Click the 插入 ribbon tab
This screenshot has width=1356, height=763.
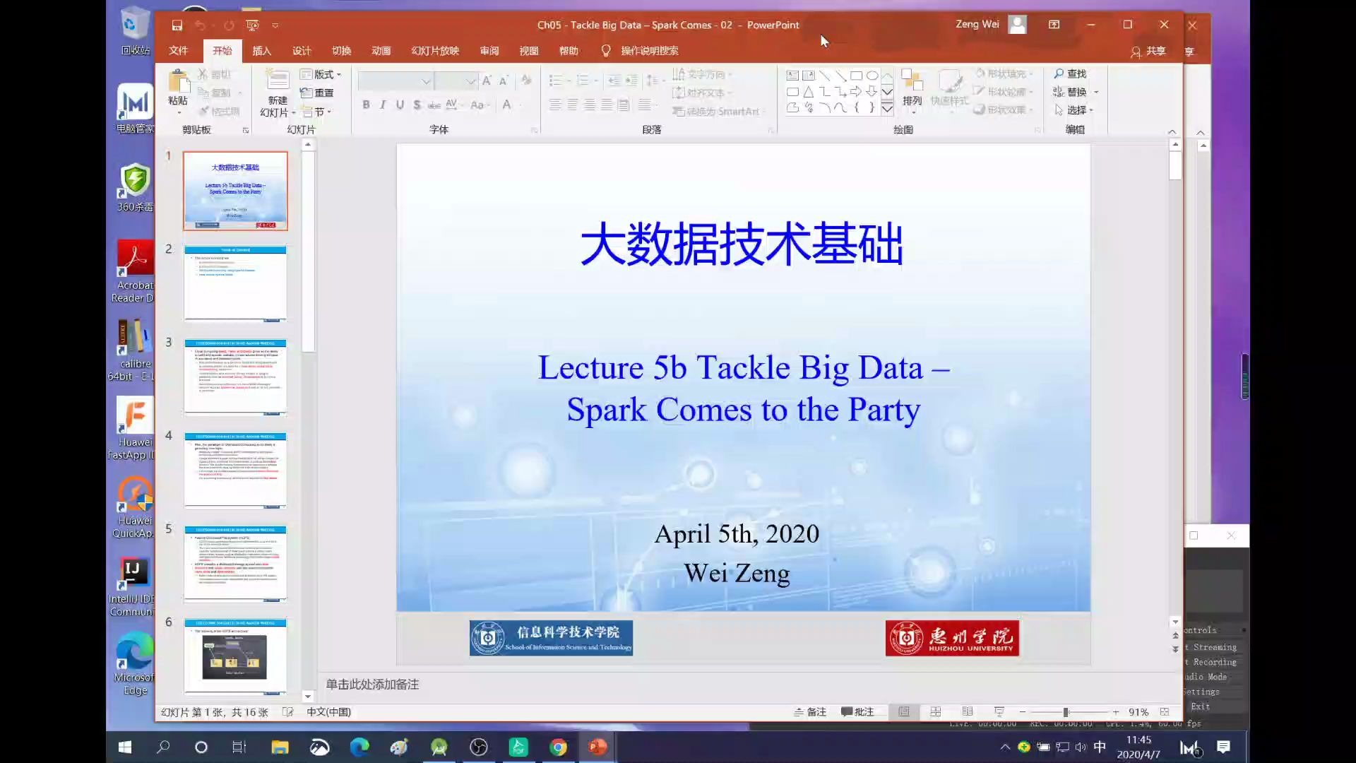[261, 51]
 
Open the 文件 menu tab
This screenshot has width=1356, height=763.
[178, 51]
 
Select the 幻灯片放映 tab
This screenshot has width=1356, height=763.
[435, 51]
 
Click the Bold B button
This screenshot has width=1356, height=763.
[366, 105]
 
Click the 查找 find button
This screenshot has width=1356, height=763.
[1070, 73]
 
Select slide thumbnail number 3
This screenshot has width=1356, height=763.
[235, 377]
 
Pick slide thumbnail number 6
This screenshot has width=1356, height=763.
[235, 656]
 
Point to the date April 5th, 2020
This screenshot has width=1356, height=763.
[737, 534]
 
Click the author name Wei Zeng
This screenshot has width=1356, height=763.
[737, 573]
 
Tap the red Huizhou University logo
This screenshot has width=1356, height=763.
[952, 638]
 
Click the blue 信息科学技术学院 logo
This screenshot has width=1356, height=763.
[551, 638]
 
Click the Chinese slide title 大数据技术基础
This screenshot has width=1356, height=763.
[742, 244]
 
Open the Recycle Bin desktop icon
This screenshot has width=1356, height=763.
[134, 28]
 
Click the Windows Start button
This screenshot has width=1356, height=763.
[125, 747]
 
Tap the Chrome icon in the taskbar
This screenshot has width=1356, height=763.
[558, 747]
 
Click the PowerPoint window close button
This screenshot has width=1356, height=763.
[1164, 25]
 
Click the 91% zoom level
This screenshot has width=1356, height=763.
[1138, 712]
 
